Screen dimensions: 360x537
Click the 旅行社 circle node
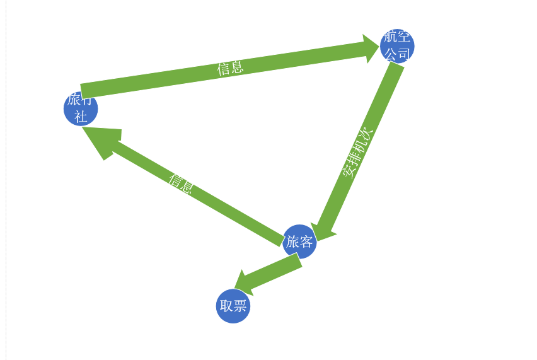coord(81,109)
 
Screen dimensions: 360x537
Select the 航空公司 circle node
coord(397,45)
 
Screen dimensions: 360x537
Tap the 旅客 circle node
coord(299,241)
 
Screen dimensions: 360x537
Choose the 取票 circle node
coord(233,306)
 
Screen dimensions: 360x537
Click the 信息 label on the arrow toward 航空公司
coord(230,67)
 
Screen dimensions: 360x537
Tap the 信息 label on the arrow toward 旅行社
coord(180,183)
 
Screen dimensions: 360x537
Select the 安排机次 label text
coord(357,153)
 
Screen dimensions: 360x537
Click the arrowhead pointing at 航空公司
coord(370,49)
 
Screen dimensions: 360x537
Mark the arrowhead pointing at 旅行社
coord(101,140)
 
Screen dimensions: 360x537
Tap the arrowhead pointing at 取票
coord(243,283)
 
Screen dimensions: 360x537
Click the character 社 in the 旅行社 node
coord(81,117)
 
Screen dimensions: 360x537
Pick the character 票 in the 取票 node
coord(240,306)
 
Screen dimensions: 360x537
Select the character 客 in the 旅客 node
coord(306,241)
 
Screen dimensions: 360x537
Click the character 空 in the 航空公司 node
coord(404,37)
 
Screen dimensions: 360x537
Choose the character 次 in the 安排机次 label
coord(367,134)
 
